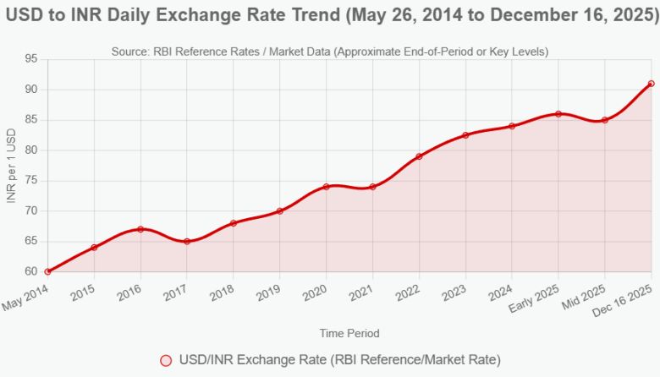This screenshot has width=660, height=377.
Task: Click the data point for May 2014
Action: point(48,271)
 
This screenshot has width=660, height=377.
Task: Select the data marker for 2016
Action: point(140,229)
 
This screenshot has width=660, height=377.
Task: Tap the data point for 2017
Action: point(187,241)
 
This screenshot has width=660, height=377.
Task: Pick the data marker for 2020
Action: point(326,187)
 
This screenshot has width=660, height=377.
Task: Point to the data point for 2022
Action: point(419,156)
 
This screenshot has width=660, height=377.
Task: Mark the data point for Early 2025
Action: point(558,113)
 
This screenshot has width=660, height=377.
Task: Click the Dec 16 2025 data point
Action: point(651,84)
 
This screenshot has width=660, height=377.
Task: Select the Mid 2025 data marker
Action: point(605,120)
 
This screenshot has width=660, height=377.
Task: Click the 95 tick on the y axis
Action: point(31,59)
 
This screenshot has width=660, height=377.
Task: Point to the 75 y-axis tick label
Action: point(31,181)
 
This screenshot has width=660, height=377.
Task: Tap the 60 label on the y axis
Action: point(31,272)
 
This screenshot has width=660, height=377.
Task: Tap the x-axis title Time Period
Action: point(349,333)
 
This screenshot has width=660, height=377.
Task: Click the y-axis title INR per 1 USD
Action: point(12,166)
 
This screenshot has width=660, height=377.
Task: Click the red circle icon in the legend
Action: point(166,360)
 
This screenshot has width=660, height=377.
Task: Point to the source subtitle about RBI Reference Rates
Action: point(330,52)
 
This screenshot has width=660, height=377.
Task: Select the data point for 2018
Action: point(234,223)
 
